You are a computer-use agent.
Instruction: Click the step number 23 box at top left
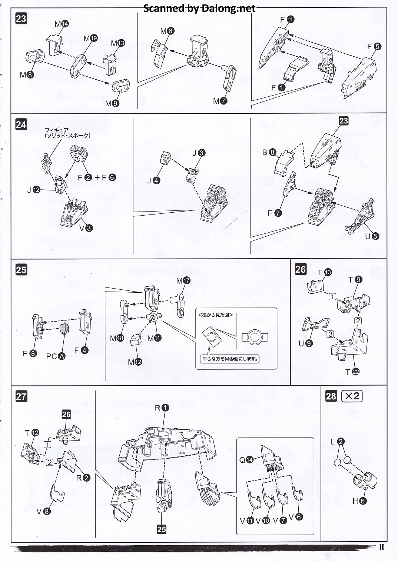pos(21,19)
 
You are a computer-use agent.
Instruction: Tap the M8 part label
pos(27,75)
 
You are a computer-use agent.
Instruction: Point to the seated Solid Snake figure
pos(46,162)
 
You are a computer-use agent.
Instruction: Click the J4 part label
pos(153,180)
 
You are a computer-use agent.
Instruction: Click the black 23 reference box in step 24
pos(344,121)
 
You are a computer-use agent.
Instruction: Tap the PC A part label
pos(56,356)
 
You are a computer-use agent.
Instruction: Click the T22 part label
pos(352,372)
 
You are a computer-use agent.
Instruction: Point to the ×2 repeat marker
pos(352,396)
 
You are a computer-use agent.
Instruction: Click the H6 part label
pos(359,501)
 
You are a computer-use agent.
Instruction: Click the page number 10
pos(382,547)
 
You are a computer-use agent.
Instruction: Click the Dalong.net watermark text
pos(199,8)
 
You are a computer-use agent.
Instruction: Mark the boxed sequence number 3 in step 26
pos(331,334)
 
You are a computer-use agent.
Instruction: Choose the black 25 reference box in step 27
pos(162,529)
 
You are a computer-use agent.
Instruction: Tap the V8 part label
pos(43,512)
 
